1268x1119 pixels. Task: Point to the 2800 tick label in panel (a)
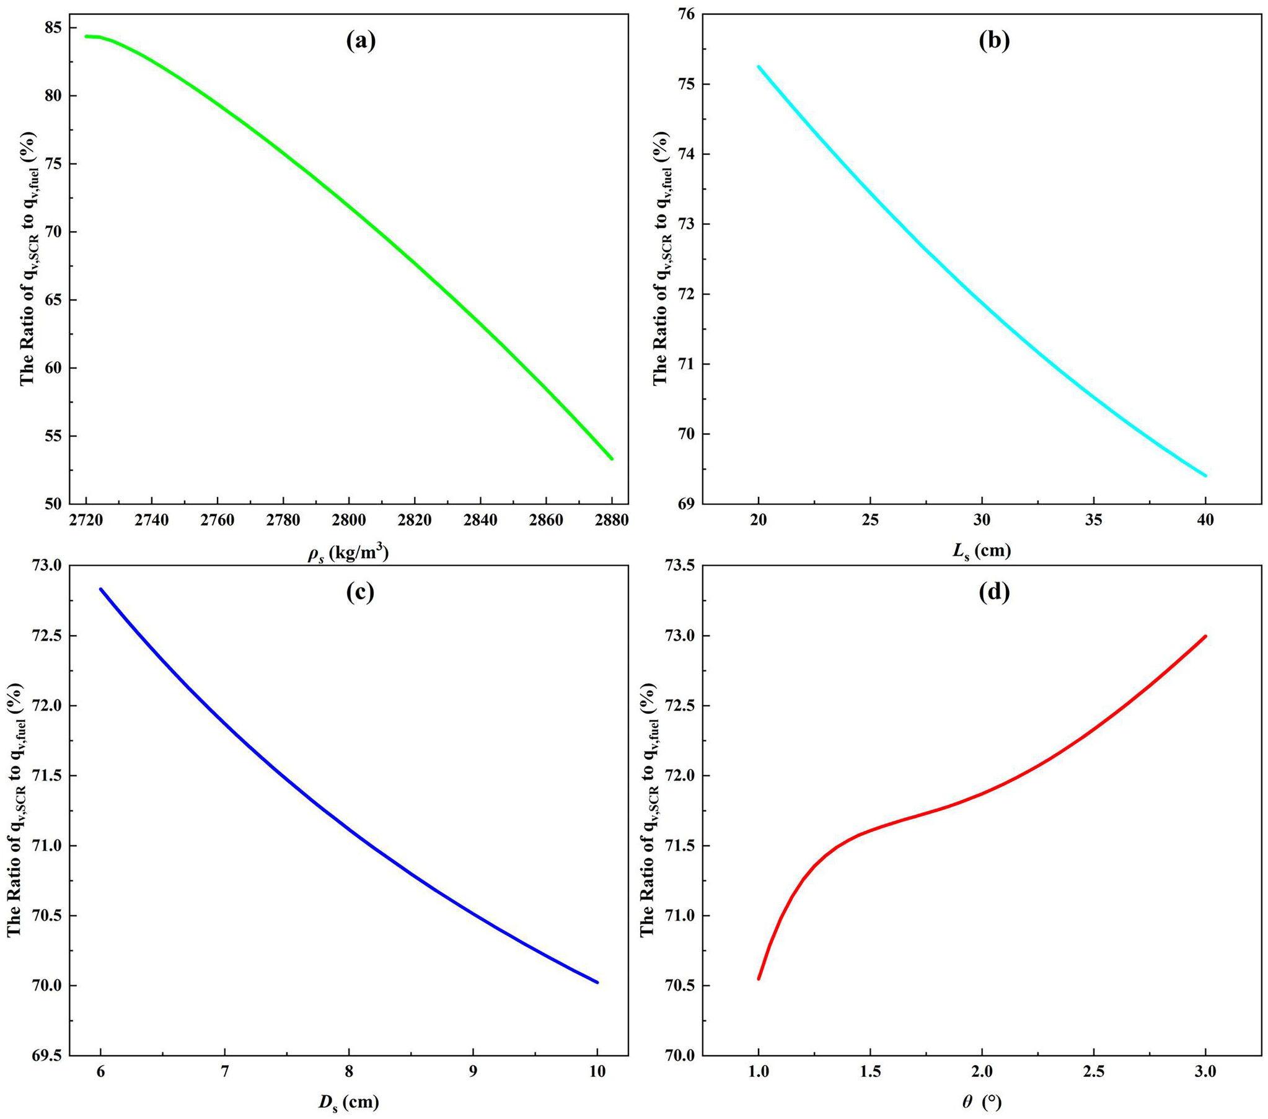pos(349,520)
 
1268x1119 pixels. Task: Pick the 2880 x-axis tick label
pos(611,520)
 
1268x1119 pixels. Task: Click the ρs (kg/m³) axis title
pos(348,552)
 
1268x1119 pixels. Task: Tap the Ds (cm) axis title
pos(349,1102)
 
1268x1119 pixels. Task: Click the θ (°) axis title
pos(982,1102)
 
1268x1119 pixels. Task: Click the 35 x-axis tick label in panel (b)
pos(1094,520)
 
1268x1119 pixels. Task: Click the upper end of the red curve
pos(1205,636)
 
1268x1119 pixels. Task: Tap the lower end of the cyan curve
pos(1205,476)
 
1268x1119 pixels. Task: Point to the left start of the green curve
pos(87,36)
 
